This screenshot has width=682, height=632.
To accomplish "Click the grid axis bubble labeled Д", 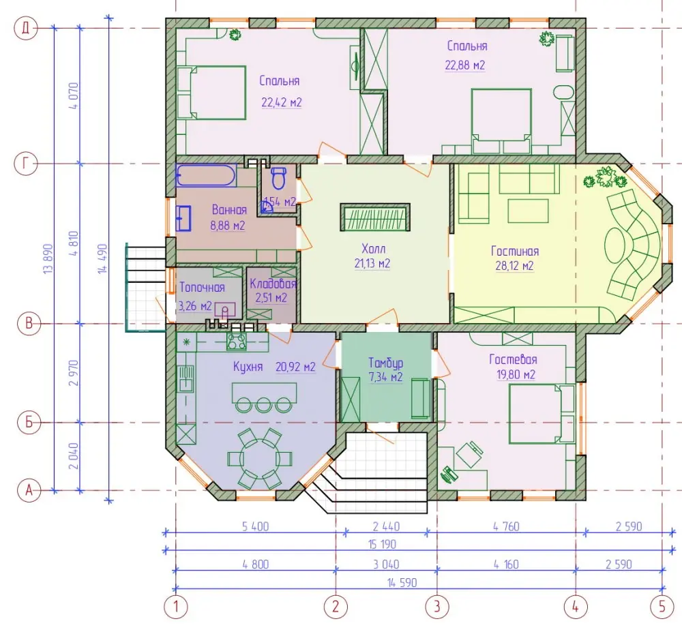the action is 26,28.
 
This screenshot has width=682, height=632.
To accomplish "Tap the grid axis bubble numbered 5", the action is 662,606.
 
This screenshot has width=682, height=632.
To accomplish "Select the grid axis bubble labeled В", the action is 29,324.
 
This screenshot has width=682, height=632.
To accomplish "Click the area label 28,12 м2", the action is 514,266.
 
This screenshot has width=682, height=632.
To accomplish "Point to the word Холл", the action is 373,249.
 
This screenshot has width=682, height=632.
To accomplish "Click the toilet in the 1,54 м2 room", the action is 278,177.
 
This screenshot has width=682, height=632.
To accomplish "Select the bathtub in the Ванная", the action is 206,175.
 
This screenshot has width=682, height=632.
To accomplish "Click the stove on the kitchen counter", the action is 236,341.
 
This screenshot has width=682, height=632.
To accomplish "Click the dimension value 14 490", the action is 102,258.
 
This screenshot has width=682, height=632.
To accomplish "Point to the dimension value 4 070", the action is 74,95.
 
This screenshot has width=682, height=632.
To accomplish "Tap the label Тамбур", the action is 385,363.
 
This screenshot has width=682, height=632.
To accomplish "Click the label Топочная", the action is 203,287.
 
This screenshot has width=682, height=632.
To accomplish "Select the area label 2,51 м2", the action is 271,298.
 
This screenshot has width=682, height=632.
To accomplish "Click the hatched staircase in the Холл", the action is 375,217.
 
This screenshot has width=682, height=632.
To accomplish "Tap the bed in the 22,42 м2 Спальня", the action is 211,93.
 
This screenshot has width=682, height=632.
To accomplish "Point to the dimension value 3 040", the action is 386,565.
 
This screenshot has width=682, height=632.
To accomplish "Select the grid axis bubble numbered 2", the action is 336,606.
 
